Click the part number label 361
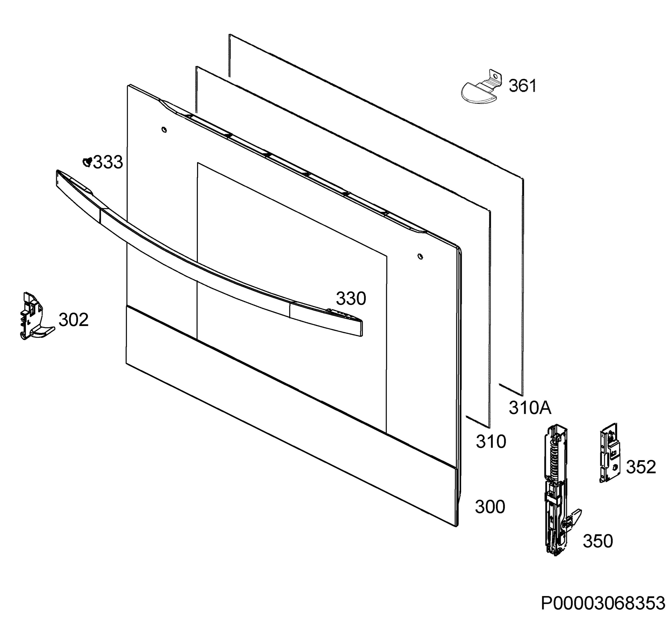(522, 86)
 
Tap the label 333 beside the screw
(108, 163)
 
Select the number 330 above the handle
(351, 298)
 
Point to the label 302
(73, 320)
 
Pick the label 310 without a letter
(491, 442)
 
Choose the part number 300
(490, 507)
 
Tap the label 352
(641, 467)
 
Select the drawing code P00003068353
(603, 604)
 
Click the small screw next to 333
(87, 162)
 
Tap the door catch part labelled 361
(479, 88)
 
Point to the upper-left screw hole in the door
(164, 129)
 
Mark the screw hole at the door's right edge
(420, 256)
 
